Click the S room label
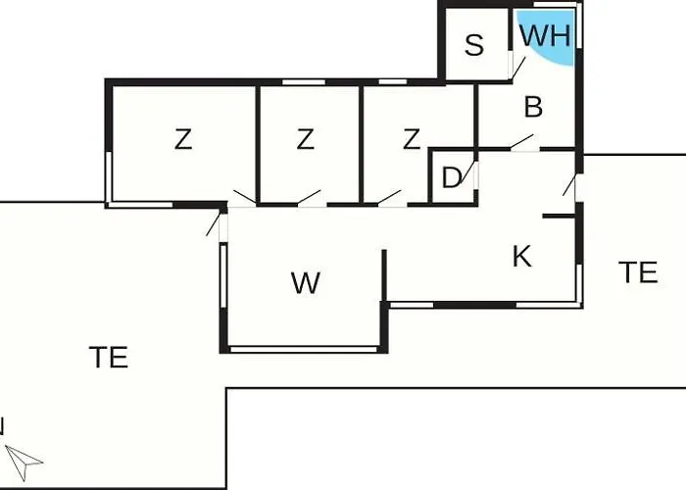tap(474, 45)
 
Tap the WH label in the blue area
tap(546, 35)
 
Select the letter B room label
tap(533, 107)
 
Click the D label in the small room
tap(452, 177)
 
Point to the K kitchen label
tap(522, 257)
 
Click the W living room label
tap(306, 283)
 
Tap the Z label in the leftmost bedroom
tap(183, 139)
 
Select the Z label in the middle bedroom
tap(305, 139)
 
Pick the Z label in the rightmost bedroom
tap(412, 139)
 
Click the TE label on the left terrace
tap(109, 357)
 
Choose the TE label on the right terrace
tap(638, 272)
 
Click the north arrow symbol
tap(23, 462)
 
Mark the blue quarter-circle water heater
tap(546, 37)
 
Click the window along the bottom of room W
tap(304, 349)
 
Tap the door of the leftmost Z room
tap(245, 197)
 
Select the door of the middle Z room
tap(309, 197)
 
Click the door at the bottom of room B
tap(521, 142)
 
